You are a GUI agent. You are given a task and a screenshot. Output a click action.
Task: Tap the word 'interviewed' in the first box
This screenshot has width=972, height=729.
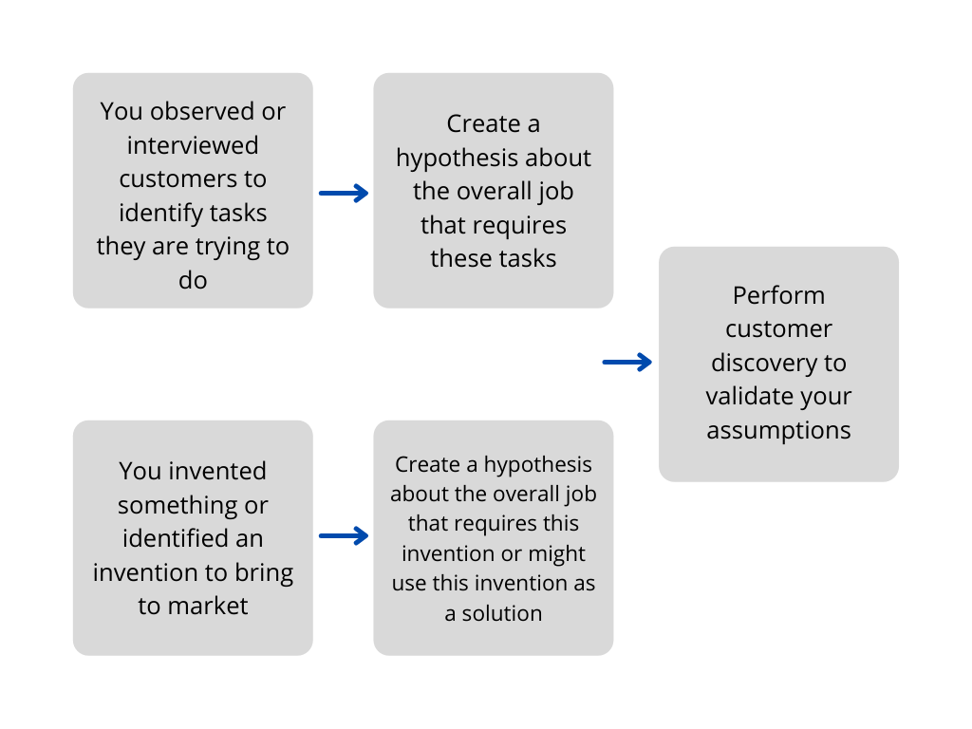(x=193, y=145)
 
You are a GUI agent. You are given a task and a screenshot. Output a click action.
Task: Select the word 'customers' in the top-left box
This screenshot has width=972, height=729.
(x=193, y=178)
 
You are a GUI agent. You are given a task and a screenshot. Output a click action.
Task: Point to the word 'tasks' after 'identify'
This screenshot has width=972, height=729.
(x=237, y=213)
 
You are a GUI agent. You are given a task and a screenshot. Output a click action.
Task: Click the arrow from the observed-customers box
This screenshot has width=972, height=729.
(x=343, y=194)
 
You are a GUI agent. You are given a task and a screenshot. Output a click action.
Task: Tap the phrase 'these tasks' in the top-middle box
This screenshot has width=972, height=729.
(x=494, y=258)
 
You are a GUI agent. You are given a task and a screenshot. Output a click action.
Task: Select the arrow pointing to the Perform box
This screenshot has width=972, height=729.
(x=626, y=362)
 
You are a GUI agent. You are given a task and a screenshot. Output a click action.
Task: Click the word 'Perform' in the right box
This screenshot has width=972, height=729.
(x=778, y=294)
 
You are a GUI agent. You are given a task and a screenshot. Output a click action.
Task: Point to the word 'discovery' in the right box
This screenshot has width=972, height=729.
(x=778, y=363)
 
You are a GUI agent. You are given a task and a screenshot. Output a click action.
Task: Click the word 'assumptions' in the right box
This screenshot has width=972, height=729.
(x=778, y=430)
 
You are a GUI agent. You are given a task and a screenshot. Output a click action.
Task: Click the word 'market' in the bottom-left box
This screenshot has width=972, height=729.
(x=208, y=606)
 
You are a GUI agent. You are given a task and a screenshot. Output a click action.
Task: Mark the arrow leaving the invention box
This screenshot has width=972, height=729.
(x=343, y=536)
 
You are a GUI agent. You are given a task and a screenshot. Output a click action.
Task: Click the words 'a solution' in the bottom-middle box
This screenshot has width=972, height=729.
(x=494, y=613)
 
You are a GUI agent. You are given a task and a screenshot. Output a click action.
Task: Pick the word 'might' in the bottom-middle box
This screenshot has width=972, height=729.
(x=560, y=553)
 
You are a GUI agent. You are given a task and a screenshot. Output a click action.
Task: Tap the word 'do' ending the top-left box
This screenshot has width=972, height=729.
(x=193, y=280)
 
